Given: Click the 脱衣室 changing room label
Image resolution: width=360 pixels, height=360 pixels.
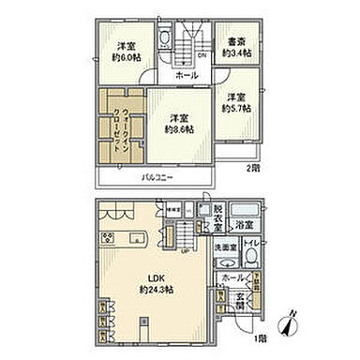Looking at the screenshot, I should [x=217, y=219].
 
